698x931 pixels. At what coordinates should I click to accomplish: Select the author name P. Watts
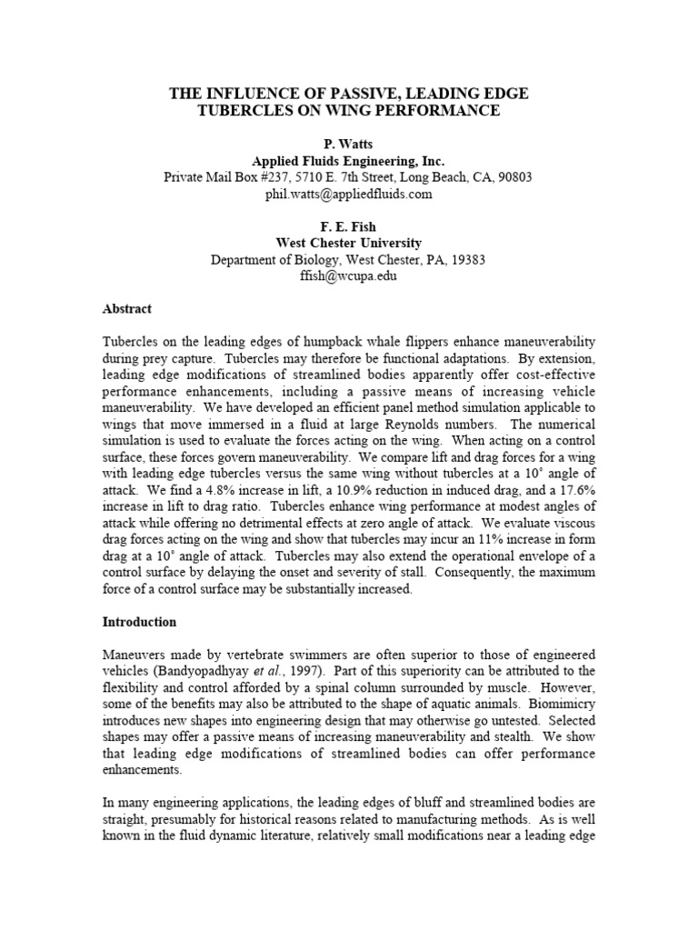pos(348,145)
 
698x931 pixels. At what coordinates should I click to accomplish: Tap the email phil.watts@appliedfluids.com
pos(348,194)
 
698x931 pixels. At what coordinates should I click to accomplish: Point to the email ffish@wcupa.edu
pos(348,276)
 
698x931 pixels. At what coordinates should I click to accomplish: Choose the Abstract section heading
pos(126,309)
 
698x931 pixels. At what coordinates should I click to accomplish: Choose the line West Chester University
pos(348,244)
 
